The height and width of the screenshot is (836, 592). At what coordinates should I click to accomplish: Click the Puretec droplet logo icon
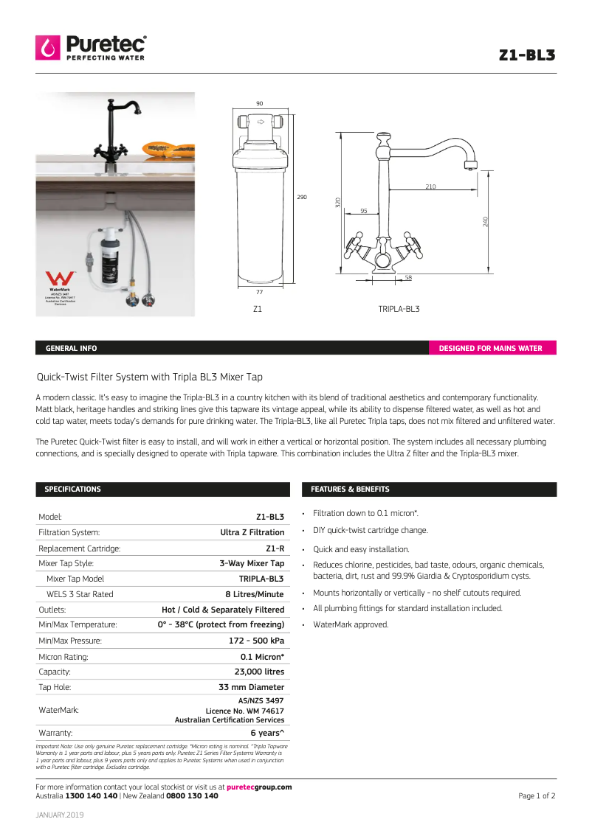coord(49,48)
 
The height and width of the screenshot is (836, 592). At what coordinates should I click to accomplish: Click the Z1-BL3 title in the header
coord(526,55)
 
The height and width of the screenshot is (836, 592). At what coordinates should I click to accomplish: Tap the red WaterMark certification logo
coord(58,280)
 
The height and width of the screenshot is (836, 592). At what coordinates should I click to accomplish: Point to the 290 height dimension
coord(301,198)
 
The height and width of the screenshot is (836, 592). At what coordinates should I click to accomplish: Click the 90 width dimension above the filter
coord(260,104)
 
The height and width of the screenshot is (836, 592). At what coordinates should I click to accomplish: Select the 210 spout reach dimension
coord(430,187)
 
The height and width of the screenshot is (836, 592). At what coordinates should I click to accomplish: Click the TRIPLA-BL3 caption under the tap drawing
coord(399,309)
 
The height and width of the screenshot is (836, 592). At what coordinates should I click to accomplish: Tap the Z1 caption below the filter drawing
coord(258,309)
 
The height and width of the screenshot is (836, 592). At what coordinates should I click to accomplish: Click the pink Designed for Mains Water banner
coord(492,349)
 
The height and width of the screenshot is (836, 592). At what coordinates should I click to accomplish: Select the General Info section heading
coord(71,349)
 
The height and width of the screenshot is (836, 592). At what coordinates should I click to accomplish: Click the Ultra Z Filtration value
coord(252,532)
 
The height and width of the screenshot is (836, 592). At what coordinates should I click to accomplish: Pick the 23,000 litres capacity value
coord(259,672)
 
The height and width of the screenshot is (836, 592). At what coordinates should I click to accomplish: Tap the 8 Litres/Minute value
coord(255,594)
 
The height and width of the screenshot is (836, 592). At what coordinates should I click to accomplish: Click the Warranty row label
coord(55,733)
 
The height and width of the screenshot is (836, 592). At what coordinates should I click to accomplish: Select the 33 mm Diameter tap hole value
coord(252,687)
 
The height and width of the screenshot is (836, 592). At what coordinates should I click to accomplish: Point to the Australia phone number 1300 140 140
coord(92,796)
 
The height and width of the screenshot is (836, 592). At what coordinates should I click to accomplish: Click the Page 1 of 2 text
coord(537,796)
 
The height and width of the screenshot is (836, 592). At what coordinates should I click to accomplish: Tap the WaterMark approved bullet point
coord(351,624)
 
